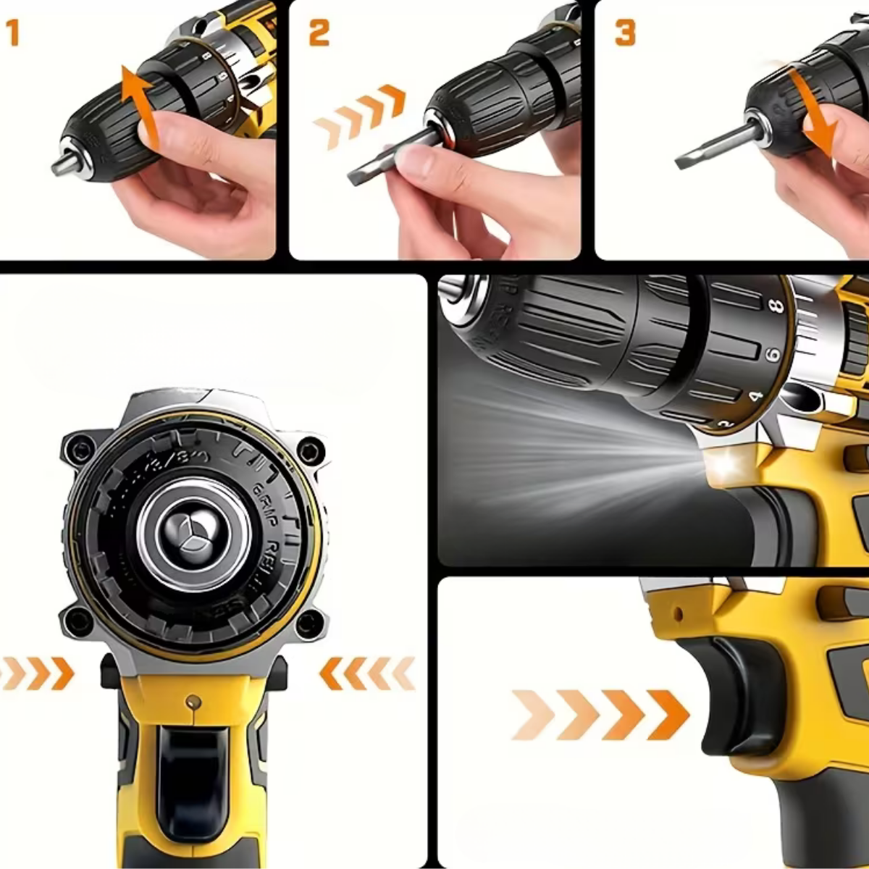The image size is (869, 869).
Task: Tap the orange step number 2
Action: click(x=319, y=33)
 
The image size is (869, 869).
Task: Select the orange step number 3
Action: click(x=625, y=33)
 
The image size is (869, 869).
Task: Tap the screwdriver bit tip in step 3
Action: click(x=684, y=161)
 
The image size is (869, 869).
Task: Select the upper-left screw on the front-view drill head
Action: click(x=77, y=450)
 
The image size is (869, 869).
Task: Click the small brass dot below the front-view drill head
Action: click(x=193, y=701)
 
